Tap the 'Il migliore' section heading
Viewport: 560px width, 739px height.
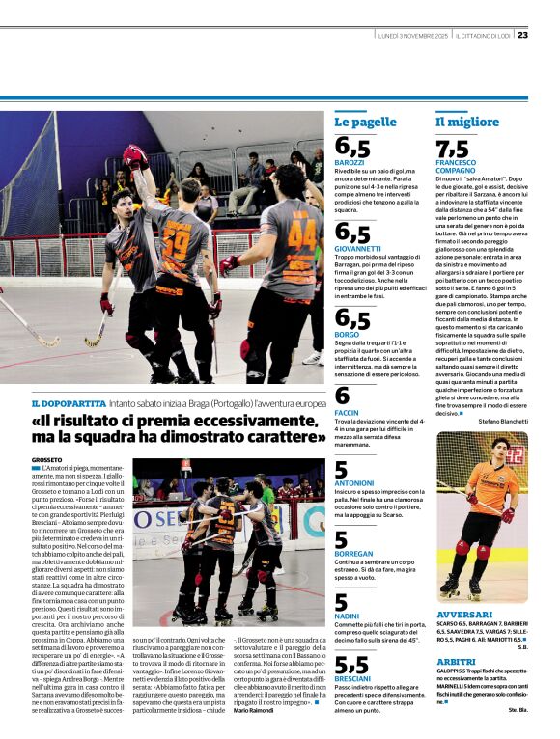[467, 123]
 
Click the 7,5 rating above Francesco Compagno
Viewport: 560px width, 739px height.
[452, 150]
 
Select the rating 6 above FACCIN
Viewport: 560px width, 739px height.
[342, 395]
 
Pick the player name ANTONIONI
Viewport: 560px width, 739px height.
[354, 482]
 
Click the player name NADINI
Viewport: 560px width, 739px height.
[348, 615]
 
